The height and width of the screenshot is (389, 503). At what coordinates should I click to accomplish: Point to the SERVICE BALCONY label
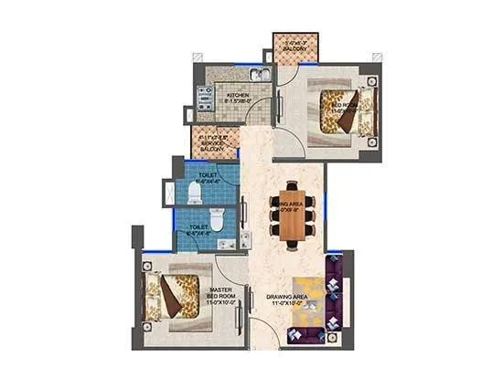[213, 144]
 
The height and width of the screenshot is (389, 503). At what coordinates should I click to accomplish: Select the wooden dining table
[292, 216]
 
